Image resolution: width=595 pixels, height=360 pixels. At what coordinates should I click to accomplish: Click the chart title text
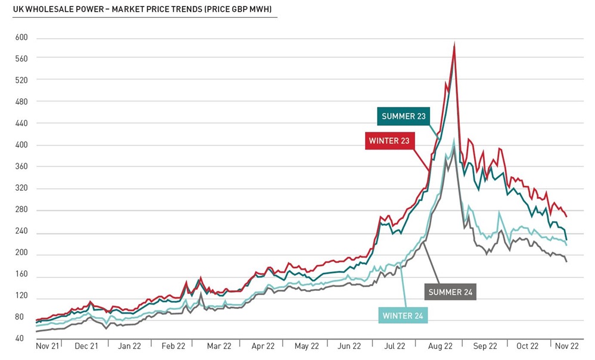142,10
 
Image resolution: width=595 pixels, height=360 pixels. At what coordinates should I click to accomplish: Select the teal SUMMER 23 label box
404,116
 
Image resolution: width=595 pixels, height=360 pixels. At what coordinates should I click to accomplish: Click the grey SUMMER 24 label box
450,292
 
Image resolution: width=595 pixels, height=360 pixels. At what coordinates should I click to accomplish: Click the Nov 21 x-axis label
48,346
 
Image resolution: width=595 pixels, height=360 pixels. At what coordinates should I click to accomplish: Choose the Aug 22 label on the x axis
441,346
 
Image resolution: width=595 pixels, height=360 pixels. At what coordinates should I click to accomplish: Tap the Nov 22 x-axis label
567,346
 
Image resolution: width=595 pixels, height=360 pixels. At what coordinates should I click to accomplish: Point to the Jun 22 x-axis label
349,346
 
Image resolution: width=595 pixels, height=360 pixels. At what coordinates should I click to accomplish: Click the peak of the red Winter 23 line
455,44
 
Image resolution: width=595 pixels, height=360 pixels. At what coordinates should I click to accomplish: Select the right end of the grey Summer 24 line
566,262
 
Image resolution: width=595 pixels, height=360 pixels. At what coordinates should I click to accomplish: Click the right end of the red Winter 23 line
566,216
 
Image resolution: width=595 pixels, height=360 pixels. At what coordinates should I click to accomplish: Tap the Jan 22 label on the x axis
129,346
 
